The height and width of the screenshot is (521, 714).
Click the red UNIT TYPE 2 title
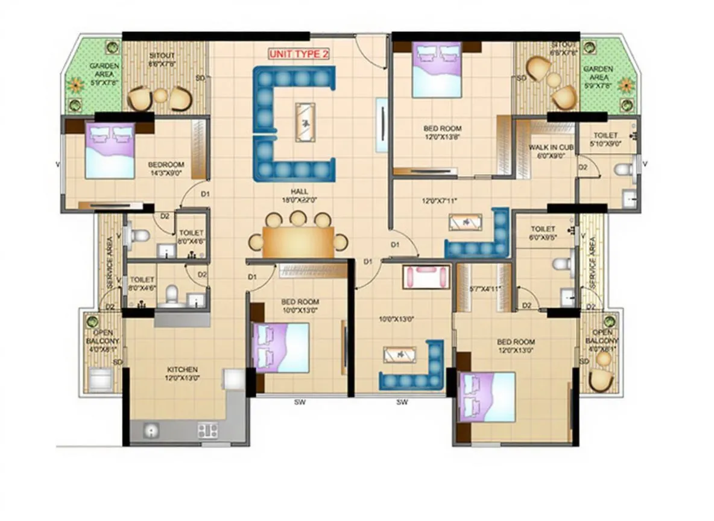click(x=299, y=54)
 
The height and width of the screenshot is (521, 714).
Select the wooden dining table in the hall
click(x=298, y=242)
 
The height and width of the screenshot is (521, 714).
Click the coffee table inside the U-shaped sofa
click(x=305, y=122)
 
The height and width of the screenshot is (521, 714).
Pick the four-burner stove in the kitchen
click(x=207, y=430)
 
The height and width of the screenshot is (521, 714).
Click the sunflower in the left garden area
click(x=75, y=85)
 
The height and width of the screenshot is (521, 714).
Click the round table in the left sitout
click(x=160, y=96)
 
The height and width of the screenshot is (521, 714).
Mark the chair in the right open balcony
click(x=601, y=379)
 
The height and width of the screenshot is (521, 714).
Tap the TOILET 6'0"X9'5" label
click(x=543, y=233)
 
